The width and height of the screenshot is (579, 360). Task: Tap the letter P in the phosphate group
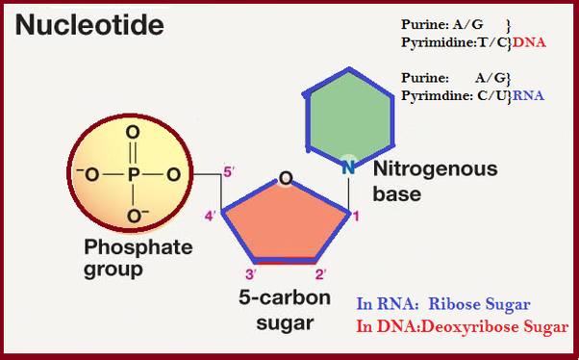click(133, 175)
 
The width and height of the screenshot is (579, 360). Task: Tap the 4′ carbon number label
click(210, 214)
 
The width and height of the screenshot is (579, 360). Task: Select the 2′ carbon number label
click(322, 274)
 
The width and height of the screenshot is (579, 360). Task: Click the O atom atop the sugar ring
click(285, 178)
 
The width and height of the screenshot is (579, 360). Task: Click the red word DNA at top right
click(531, 43)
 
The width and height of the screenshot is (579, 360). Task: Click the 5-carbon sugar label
click(286, 310)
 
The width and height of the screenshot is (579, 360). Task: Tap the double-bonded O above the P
click(133, 133)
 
